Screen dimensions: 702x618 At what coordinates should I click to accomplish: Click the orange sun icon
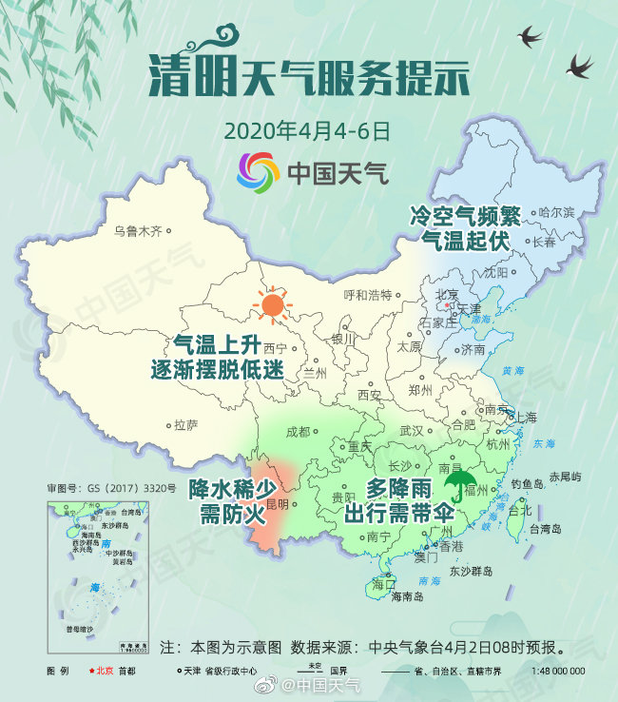pos(273,304)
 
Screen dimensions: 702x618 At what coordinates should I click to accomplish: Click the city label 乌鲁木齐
pos(139,231)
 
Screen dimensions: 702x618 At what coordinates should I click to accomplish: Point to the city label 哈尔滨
pos(556,212)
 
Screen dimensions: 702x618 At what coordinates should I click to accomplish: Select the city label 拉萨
pos(186,426)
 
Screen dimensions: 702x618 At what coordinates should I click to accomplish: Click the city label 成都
pos(298,431)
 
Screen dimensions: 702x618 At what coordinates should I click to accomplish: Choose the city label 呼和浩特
pos(367,294)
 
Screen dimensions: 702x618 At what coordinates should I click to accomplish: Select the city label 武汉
pos(412,430)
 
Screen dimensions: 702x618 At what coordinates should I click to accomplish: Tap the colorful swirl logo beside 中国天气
pos(258,172)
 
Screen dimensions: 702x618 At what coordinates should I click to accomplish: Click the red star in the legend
pos(92,671)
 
